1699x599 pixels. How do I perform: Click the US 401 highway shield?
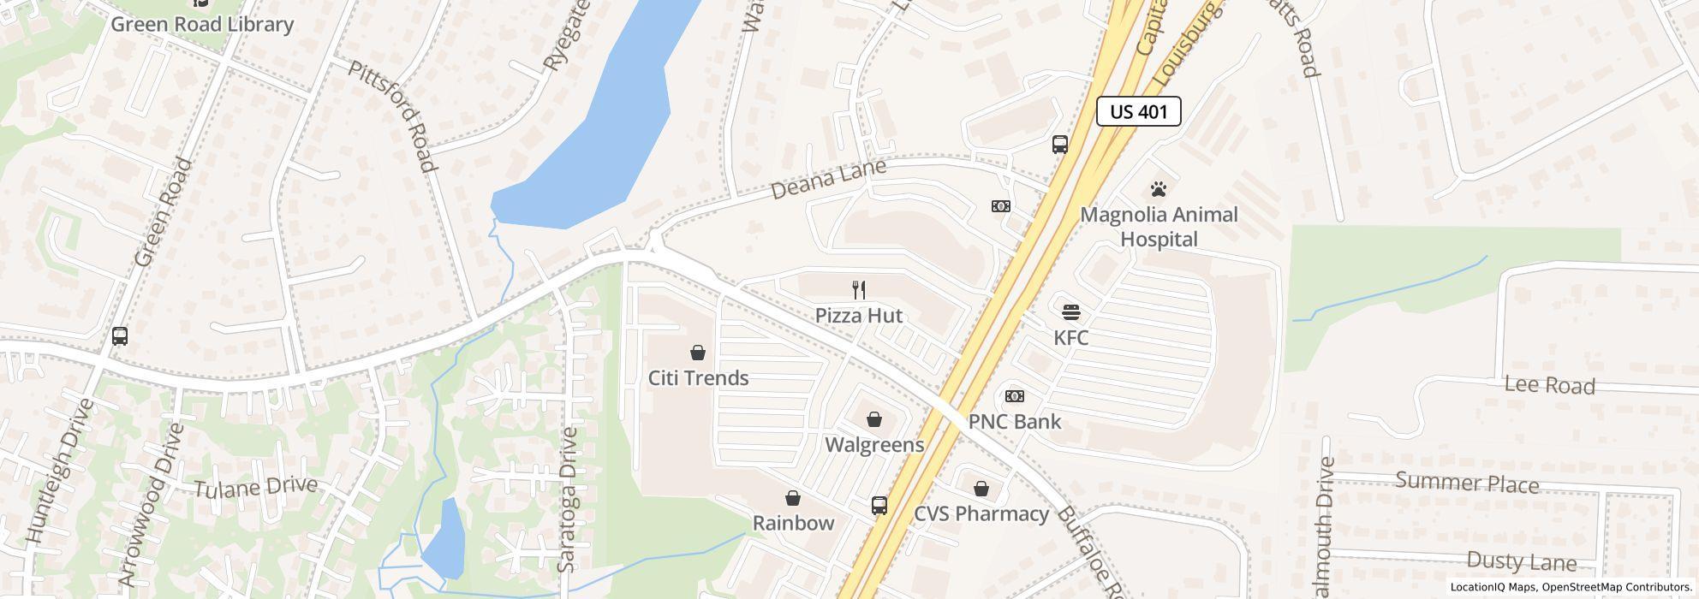pyautogui.click(x=1138, y=111)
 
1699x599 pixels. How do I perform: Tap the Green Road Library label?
pyautogui.click(x=202, y=24)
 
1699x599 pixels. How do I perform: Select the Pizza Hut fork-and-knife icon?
pyautogui.click(x=859, y=290)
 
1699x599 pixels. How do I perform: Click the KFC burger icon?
pyautogui.click(x=1070, y=311)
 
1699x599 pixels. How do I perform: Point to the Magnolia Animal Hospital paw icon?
pyautogui.click(x=1159, y=189)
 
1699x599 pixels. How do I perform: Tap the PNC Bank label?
pyautogui.click(x=1014, y=421)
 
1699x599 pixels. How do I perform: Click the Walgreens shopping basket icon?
pyautogui.click(x=873, y=419)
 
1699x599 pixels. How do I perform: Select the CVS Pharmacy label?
pyautogui.click(x=981, y=513)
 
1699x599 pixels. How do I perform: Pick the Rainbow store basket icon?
pyautogui.click(x=793, y=498)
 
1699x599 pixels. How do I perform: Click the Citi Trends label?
pyautogui.click(x=698, y=377)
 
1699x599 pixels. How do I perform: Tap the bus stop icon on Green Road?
pyautogui.click(x=120, y=336)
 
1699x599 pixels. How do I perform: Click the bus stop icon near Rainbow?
pyautogui.click(x=879, y=505)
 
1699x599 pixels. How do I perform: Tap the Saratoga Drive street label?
pyautogui.click(x=568, y=500)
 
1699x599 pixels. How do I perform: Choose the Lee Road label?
pyautogui.click(x=1549, y=385)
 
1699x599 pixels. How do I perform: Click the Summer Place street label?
pyautogui.click(x=1467, y=482)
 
